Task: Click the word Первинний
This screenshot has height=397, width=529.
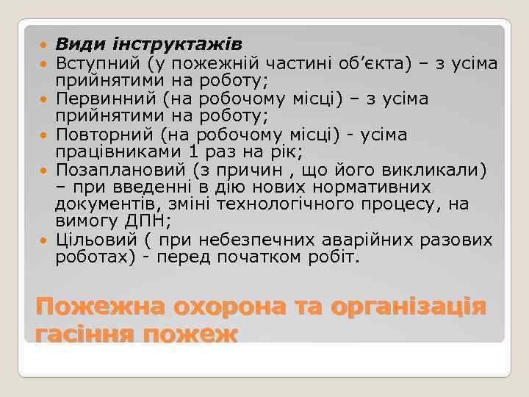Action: pyautogui.click(x=104, y=98)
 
